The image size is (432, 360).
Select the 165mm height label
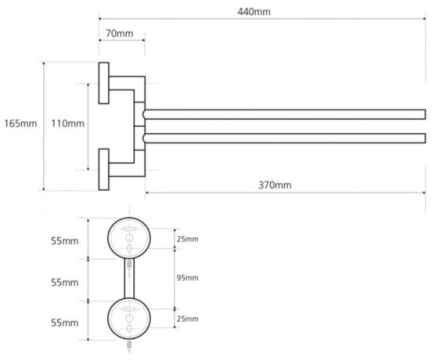pos(20,124)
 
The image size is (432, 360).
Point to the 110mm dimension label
pos(67,124)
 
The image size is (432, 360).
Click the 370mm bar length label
pos(275,185)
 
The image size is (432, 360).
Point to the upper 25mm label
pos(187,238)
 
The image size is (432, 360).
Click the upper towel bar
pos(284,114)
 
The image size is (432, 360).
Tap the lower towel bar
pos(284,138)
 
